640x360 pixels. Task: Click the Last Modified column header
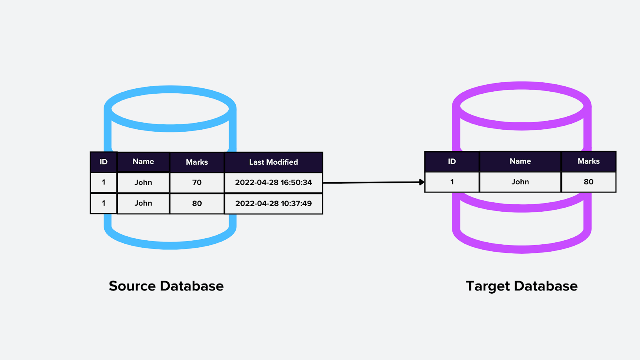pos(274,162)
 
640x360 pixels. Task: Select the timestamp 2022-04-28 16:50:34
pos(274,182)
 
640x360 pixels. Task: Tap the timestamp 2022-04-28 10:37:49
pos(274,203)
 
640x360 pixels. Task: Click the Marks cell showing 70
pos(197,182)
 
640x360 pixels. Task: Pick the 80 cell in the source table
pos(197,203)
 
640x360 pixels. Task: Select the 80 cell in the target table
pos(588,182)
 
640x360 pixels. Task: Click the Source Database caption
pos(166,286)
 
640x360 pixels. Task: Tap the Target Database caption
pos(522,286)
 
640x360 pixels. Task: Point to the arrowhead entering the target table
pos(422,182)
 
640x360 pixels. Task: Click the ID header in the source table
pos(104,162)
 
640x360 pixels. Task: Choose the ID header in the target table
pos(452,161)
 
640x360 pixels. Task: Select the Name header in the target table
pos(520,161)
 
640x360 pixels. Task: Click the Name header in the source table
pos(143,162)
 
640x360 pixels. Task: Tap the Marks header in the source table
pos(197,162)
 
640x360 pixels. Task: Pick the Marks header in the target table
pos(588,161)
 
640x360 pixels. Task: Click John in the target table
pos(520,182)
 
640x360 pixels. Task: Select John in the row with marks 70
pos(143,182)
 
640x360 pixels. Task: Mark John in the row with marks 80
pos(143,203)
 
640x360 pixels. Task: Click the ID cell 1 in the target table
pos(452,182)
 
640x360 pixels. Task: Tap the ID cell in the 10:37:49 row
pos(104,203)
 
